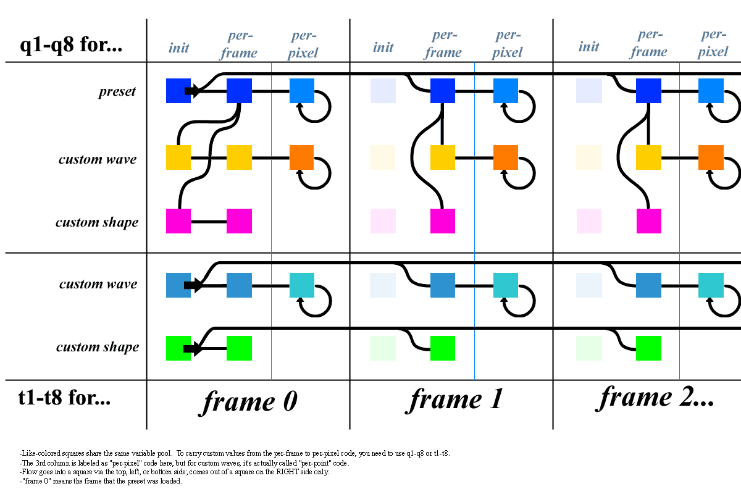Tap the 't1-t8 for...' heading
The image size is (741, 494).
65,398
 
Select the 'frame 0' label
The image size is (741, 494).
248,401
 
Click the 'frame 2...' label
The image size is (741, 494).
656,396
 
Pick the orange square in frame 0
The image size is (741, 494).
302,157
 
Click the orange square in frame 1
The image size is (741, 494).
506,157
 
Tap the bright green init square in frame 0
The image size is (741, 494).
178,348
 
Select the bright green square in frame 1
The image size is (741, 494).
443,348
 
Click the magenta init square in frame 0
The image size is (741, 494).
178,221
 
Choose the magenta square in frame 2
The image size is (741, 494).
648,221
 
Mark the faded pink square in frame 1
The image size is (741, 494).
383,221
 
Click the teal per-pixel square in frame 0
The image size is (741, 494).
302,285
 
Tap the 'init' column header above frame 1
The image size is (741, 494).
383,47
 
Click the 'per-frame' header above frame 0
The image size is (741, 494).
238,44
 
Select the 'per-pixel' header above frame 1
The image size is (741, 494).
508,44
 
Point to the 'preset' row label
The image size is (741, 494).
117,93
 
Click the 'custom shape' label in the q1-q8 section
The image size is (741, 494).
97,222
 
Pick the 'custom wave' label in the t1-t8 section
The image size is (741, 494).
98,285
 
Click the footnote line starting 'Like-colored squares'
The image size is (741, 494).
235,453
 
